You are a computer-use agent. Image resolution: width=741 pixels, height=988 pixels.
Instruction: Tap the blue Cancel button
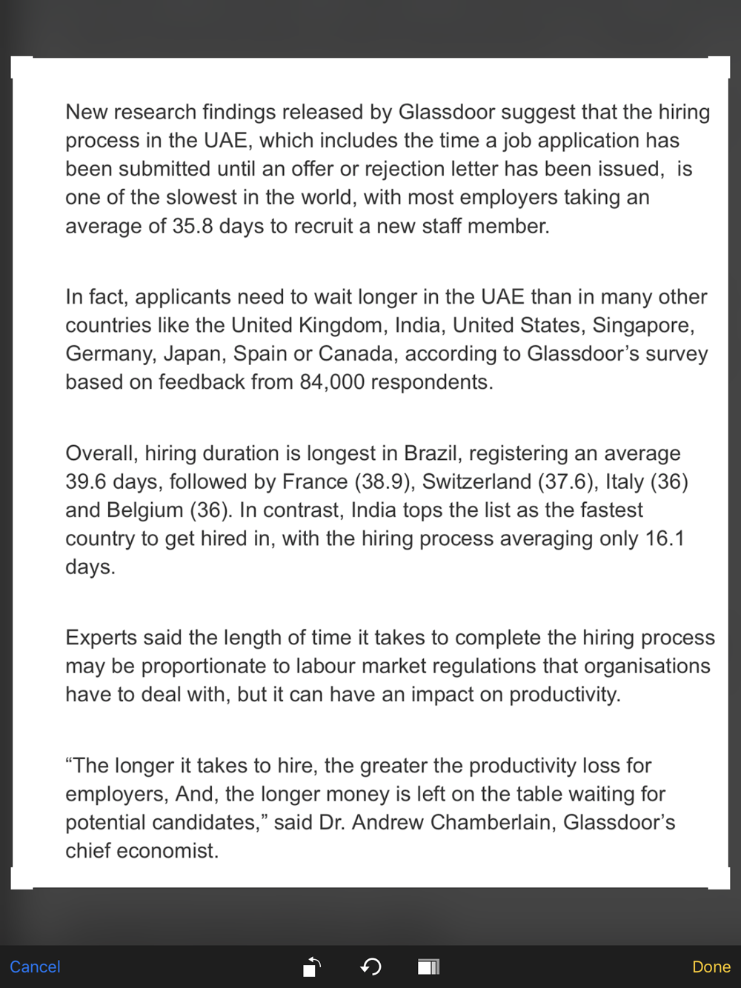click(35, 967)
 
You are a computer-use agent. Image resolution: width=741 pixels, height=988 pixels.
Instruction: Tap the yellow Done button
click(711, 967)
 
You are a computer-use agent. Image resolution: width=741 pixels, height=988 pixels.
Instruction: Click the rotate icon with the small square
click(312, 967)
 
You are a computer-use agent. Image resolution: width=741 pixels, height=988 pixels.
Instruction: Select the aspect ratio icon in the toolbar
click(428, 967)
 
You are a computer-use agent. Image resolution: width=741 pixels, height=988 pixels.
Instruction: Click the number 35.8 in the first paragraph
click(193, 226)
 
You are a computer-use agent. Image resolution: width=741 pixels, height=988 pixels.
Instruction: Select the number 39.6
click(86, 482)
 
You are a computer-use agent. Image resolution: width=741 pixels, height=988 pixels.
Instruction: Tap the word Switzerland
click(476, 482)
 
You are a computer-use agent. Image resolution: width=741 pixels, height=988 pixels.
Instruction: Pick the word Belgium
click(145, 510)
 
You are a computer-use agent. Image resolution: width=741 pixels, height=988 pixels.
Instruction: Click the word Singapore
click(642, 326)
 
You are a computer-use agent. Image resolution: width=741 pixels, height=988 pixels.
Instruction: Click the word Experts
click(102, 638)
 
